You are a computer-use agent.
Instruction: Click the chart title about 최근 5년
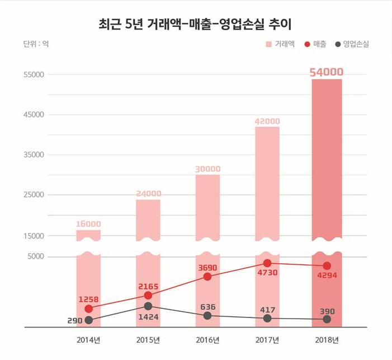(x=196, y=24)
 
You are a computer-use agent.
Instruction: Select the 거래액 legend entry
(x=280, y=44)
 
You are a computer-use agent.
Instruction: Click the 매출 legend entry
(x=315, y=44)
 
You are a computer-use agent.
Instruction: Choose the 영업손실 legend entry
(x=351, y=44)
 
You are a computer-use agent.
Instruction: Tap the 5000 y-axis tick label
(x=35, y=257)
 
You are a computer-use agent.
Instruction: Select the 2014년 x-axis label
(x=88, y=340)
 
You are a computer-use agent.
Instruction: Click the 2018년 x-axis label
(x=327, y=340)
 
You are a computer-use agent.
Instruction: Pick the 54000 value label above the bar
(x=327, y=72)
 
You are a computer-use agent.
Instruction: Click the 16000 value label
(x=88, y=224)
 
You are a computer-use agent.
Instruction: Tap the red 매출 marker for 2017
(x=267, y=263)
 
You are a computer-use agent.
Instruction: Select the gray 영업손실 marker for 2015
(x=148, y=306)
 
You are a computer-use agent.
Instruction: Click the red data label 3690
(x=207, y=268)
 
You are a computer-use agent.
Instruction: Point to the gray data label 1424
(x=148, y=317)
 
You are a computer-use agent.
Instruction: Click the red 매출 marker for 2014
(x=88, y=309)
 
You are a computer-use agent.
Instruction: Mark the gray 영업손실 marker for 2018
(x=327, y=319)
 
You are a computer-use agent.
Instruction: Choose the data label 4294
(x=327, y=275)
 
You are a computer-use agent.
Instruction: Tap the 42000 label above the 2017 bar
(x=267, y=121)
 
